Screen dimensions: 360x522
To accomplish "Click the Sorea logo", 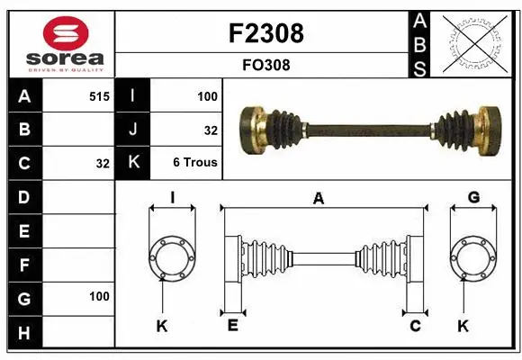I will point(61,44).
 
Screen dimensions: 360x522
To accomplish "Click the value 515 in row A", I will point(99,95).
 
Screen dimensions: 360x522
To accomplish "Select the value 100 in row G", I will point(99,296).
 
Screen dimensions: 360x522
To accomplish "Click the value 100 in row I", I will point(207,95).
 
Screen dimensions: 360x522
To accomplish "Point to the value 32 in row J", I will point(211,130).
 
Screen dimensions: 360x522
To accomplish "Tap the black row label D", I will point(24,196).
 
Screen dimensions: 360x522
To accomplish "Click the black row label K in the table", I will point(133,163).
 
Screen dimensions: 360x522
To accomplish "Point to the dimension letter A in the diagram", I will point(318,199).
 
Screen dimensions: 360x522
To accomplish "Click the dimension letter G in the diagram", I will point(472,198).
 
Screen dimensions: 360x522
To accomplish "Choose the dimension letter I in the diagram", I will point(171,198).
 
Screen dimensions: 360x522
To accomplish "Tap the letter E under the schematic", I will point(232,326).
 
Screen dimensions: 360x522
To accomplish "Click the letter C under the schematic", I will point(415,326).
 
